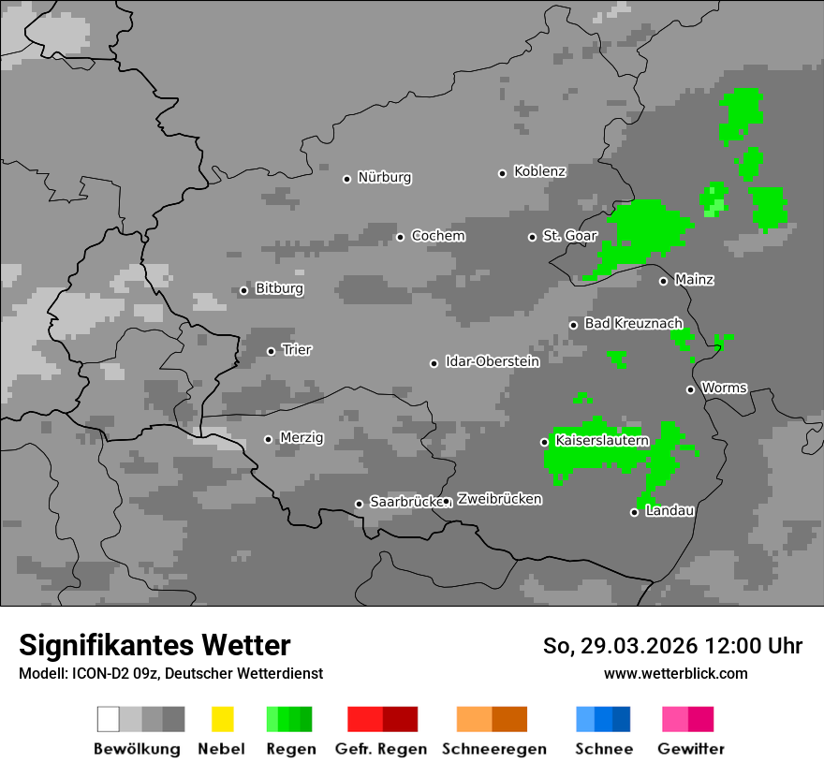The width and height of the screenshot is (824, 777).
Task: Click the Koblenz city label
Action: [x=539, y=171]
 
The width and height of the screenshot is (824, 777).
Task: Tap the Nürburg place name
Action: [x=384, y=177]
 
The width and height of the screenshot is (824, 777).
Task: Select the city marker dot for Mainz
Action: [x=663, y=281]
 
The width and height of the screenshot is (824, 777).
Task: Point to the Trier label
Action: [x=297, y=350]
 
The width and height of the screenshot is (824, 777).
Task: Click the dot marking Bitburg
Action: [x=243, y=290]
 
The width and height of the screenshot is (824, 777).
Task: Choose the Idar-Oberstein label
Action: [x=492, y=361]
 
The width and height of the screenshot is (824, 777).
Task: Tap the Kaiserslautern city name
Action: [x=602, y=440]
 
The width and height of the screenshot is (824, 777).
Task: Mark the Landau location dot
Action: [x=634, y=512]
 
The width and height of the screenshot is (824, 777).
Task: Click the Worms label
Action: [x=724, y=388]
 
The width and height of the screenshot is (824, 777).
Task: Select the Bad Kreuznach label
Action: [x=633, y=323]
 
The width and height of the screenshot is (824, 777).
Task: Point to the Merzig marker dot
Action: [x=268, y=439]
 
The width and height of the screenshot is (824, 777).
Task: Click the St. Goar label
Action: [x=569, y=236]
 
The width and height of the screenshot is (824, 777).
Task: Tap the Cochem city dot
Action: [x=400, y=237]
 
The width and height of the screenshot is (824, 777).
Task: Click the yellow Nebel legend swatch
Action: [x=222, y=719]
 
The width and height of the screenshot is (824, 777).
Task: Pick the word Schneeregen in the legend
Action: [x=494, y=749]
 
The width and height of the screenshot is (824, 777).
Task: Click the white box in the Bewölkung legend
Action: [x=108, y=719]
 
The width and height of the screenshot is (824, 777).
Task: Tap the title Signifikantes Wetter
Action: [x=154, y=646]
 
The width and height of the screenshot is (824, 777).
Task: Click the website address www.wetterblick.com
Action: [x=675, y=674]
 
